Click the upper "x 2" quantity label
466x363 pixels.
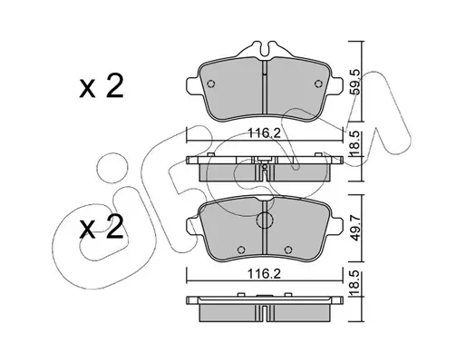(x=102, y=86)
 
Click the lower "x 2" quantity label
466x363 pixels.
(x=102, y=227)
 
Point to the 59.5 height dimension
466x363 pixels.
(x=355, y=82)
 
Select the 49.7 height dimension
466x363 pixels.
(x=355, y=228)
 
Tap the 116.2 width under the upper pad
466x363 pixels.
(x=265, y=132)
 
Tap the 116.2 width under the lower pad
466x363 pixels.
(x=265, y=274)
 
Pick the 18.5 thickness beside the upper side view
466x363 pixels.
(x=355, y=144)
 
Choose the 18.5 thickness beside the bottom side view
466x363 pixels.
(x=355, y=284)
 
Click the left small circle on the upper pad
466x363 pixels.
(x=211, y=83)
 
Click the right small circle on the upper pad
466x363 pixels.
(x=318, y=83)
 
